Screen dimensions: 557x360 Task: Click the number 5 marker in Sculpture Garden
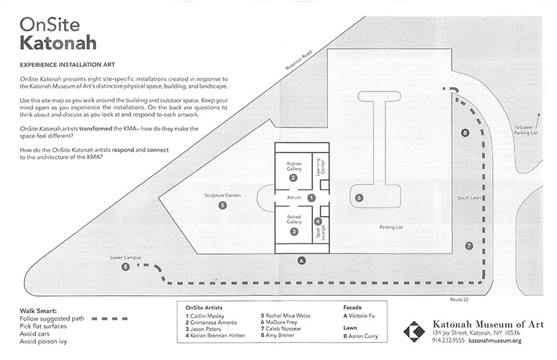tap(223, 205)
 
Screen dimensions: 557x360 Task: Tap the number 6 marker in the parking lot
tap(359, 198)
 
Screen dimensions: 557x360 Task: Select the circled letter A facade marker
tap(302, 261)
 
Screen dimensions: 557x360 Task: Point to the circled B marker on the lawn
tap(465, 132)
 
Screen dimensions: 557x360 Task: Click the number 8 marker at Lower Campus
tap(125, 266)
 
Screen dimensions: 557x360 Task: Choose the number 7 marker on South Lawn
tap(469, 246)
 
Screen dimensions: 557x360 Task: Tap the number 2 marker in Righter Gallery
tap(293, 178)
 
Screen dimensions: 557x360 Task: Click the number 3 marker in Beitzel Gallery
tap(294, 232)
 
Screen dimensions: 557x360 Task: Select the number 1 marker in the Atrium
tap(311, 198)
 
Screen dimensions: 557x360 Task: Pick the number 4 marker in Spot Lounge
tap(318, 222)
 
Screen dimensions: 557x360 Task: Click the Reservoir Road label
tap(299, 60)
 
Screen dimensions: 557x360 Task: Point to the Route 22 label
tap(459, 300)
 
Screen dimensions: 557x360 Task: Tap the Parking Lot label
tap(391, 228)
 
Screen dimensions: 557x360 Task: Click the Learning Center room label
tap(321, 167)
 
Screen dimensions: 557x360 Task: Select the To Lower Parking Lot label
tap(526, 130)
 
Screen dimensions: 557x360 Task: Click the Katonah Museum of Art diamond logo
tap(414, 332)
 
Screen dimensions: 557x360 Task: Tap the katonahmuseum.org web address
tap(495, 341)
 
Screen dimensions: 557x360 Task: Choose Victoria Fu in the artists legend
tap(359, 315)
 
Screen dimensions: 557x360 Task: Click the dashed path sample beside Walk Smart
tap(110, 319)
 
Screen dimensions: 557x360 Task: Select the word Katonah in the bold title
tap(58, 42)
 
